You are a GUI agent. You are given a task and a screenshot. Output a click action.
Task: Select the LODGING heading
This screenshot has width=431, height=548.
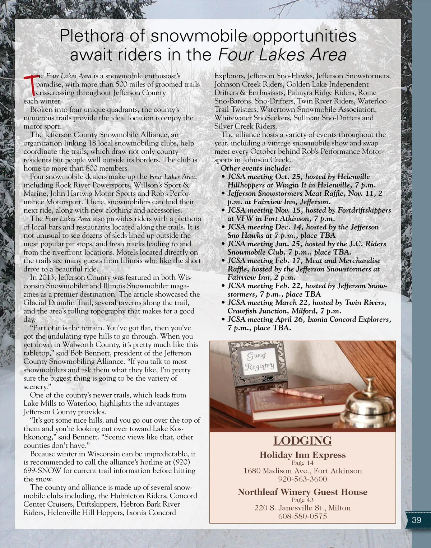[x=302, y=440]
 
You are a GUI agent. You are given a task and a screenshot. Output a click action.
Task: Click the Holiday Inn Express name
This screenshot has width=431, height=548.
[x=302, y=455]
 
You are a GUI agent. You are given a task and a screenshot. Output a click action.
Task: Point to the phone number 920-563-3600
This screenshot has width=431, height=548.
[x=302, y=479]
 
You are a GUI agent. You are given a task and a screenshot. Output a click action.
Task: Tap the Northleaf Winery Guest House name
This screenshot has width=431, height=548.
[x=302, y=492]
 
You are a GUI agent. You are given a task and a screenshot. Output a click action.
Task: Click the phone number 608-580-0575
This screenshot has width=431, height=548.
[x=302, y=516]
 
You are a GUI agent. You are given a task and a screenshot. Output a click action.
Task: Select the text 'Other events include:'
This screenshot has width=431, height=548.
[x=255, y=168]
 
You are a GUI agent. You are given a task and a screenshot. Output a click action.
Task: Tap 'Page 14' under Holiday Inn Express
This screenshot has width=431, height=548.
[x=302, y=463]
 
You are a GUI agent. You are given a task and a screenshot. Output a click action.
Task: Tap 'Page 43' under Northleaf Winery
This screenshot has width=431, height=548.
[x=302, y=500]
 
